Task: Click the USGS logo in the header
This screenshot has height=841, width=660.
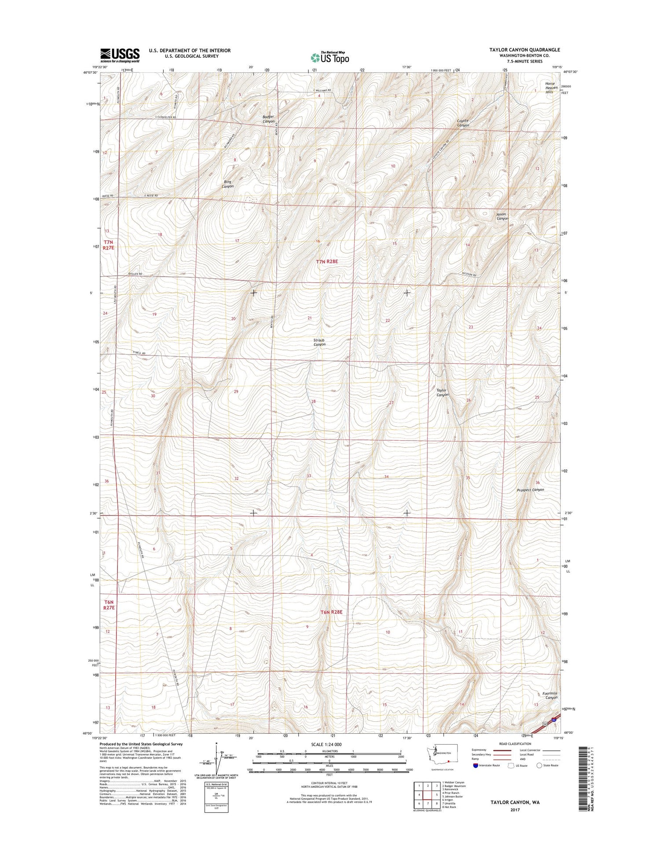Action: click(x=120, y=55)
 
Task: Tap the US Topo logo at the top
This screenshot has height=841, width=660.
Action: click(x=330, y=57)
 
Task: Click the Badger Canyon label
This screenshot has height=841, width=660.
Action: click(x=268, y=119)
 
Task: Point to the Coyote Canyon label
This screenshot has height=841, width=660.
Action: click(x=463, y=123)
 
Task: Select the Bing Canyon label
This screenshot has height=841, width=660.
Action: click(x=227, y=184)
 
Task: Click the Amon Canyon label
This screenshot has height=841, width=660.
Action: click(x=502, y=216)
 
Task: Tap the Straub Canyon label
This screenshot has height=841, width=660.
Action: click(x=319, y=342)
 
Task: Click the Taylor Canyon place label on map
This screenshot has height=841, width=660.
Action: click(x=442, y=392)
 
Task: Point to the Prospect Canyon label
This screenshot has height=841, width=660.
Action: click(x=530, y=490)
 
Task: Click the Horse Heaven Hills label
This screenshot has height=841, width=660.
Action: click(x=551, y=88)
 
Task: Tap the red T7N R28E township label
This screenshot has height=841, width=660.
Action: click(x=326, y=261)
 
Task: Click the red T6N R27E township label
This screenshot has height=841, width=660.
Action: click(x=109, y=605)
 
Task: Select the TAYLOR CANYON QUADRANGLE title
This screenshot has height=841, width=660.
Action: click(x=524, y=50)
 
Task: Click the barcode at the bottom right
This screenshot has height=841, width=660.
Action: click(x=583, y=774)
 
